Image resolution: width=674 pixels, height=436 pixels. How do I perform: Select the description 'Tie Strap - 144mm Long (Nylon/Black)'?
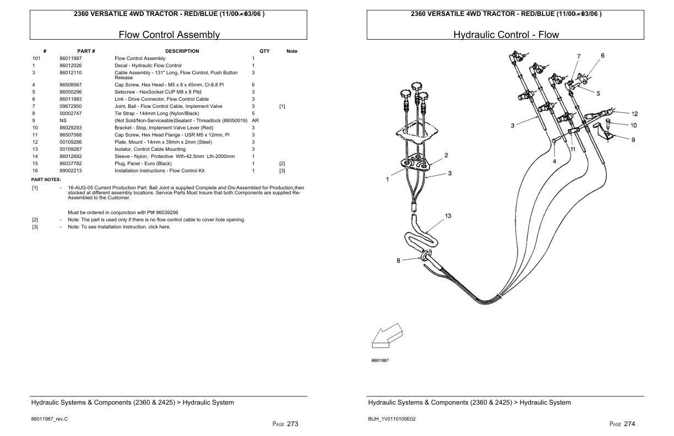pyautogui.click(x=156, y=113)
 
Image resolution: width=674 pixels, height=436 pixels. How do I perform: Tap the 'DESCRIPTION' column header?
pyautogui.click(x=182, y=51)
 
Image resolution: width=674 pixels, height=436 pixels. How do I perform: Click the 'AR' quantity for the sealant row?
pyautogui.click(x=255, y=121)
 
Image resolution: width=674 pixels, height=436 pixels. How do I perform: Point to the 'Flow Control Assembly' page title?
pyautogui.click(x=169, y=35)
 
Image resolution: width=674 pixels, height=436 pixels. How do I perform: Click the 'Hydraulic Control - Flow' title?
pyautogui.click(x=506, y=35)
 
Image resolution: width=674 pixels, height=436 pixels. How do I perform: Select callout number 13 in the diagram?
pyautogui.click(x=448, y=216)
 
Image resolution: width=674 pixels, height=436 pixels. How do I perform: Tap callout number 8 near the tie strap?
pyautogui.click(x=398, y=261)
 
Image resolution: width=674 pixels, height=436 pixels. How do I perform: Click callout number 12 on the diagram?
pyautogui.click(x=634, y=114)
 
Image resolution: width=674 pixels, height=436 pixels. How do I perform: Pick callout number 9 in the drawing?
pyautogui.click(x=633, y=140)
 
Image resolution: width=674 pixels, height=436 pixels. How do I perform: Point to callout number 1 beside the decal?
pyautogui.click(x=388, y=179)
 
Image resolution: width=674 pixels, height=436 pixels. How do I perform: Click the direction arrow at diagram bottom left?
pyautogui.click(x=387, y=336)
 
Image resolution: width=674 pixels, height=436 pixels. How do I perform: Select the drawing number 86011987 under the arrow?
pyautogui.click(x=380, y=361)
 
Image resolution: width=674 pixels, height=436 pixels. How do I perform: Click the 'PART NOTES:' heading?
pyautogui.click(x=46, y=180)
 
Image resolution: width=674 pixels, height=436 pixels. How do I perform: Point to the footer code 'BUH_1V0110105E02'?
pyautogui.click(x=392, y=419)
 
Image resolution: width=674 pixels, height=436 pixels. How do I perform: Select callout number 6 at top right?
pyautogui.click(x=602, y=56)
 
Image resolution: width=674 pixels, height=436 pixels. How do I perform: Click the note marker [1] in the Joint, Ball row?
pyautogui.click(x=282, y=106)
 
